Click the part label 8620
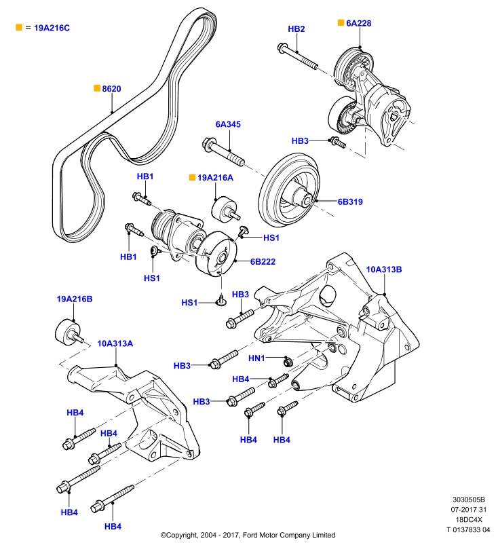coord(111,89)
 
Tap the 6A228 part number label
coord(358,23)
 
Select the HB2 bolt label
coord(296,29)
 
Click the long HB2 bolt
coord(298,56)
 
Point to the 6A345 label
coord(228,124)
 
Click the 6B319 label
coord(350,202)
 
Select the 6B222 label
coord(263,261)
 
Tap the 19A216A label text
coord(215,178)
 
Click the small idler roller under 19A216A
coord(225,210)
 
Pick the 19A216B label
coord(75,299)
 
